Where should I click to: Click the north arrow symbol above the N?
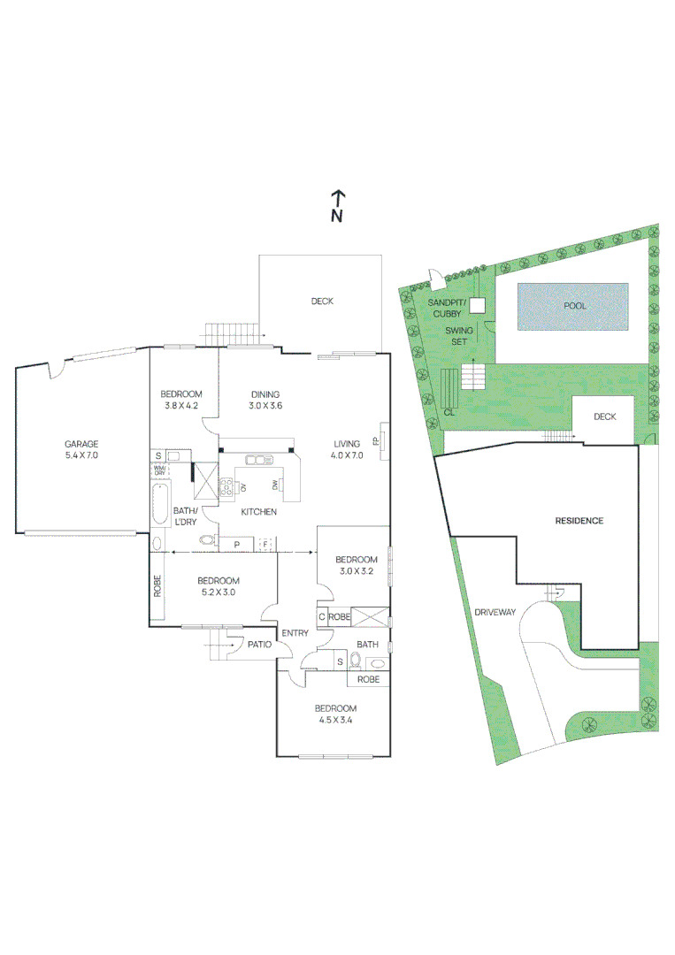click(337, 197)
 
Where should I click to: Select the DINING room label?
click(265, 394)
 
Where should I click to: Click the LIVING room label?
click(347, 444)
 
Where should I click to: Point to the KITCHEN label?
click(259, 512)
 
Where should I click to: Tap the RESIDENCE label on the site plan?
click(579, 521)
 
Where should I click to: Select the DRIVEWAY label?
click(495, 611)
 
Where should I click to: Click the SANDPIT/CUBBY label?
click(445, 308)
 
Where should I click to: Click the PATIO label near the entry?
click(258, 645)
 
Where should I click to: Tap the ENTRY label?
click(295, 633)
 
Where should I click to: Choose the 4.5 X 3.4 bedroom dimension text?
click(336, 720)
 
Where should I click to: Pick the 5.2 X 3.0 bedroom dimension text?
click(216, 592)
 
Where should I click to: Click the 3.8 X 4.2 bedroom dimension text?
click(181, 406)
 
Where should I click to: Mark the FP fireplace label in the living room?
click(376, 440)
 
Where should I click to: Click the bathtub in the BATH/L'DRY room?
click(160, 508)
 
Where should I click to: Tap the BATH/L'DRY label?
click(185, 516)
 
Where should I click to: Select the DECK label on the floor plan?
click(322, 302)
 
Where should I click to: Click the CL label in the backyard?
click(449, 412)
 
